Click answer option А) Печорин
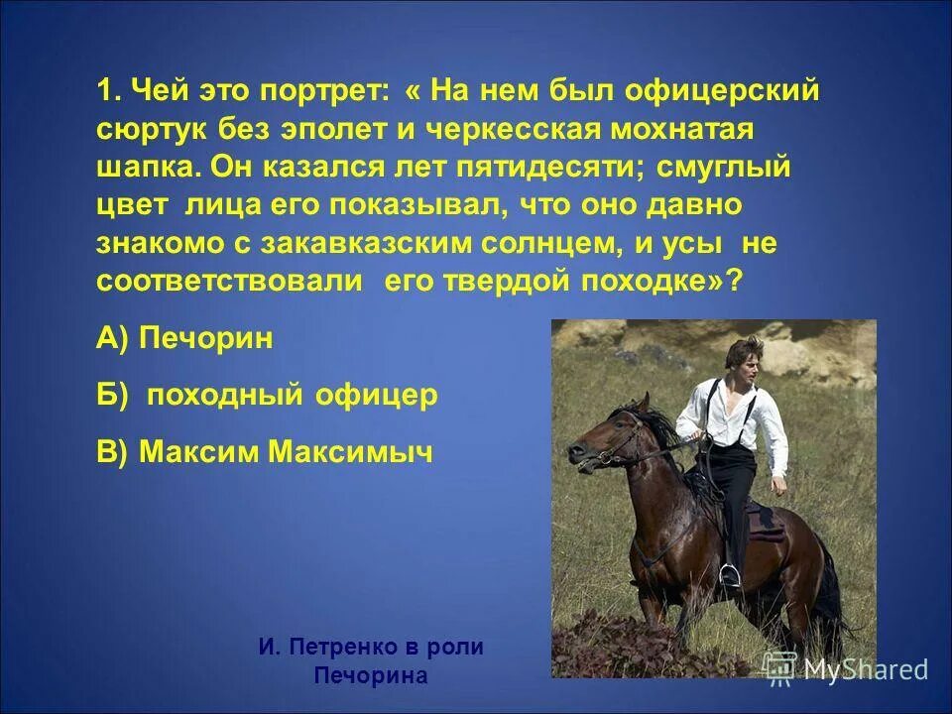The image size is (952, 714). [x=184, y=339]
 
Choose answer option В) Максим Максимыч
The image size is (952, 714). [x=265, y=452]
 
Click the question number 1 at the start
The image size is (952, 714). [x=106, y=92]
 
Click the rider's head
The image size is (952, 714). [x=745, y=357]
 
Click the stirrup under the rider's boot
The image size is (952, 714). [x=730, y=574]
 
